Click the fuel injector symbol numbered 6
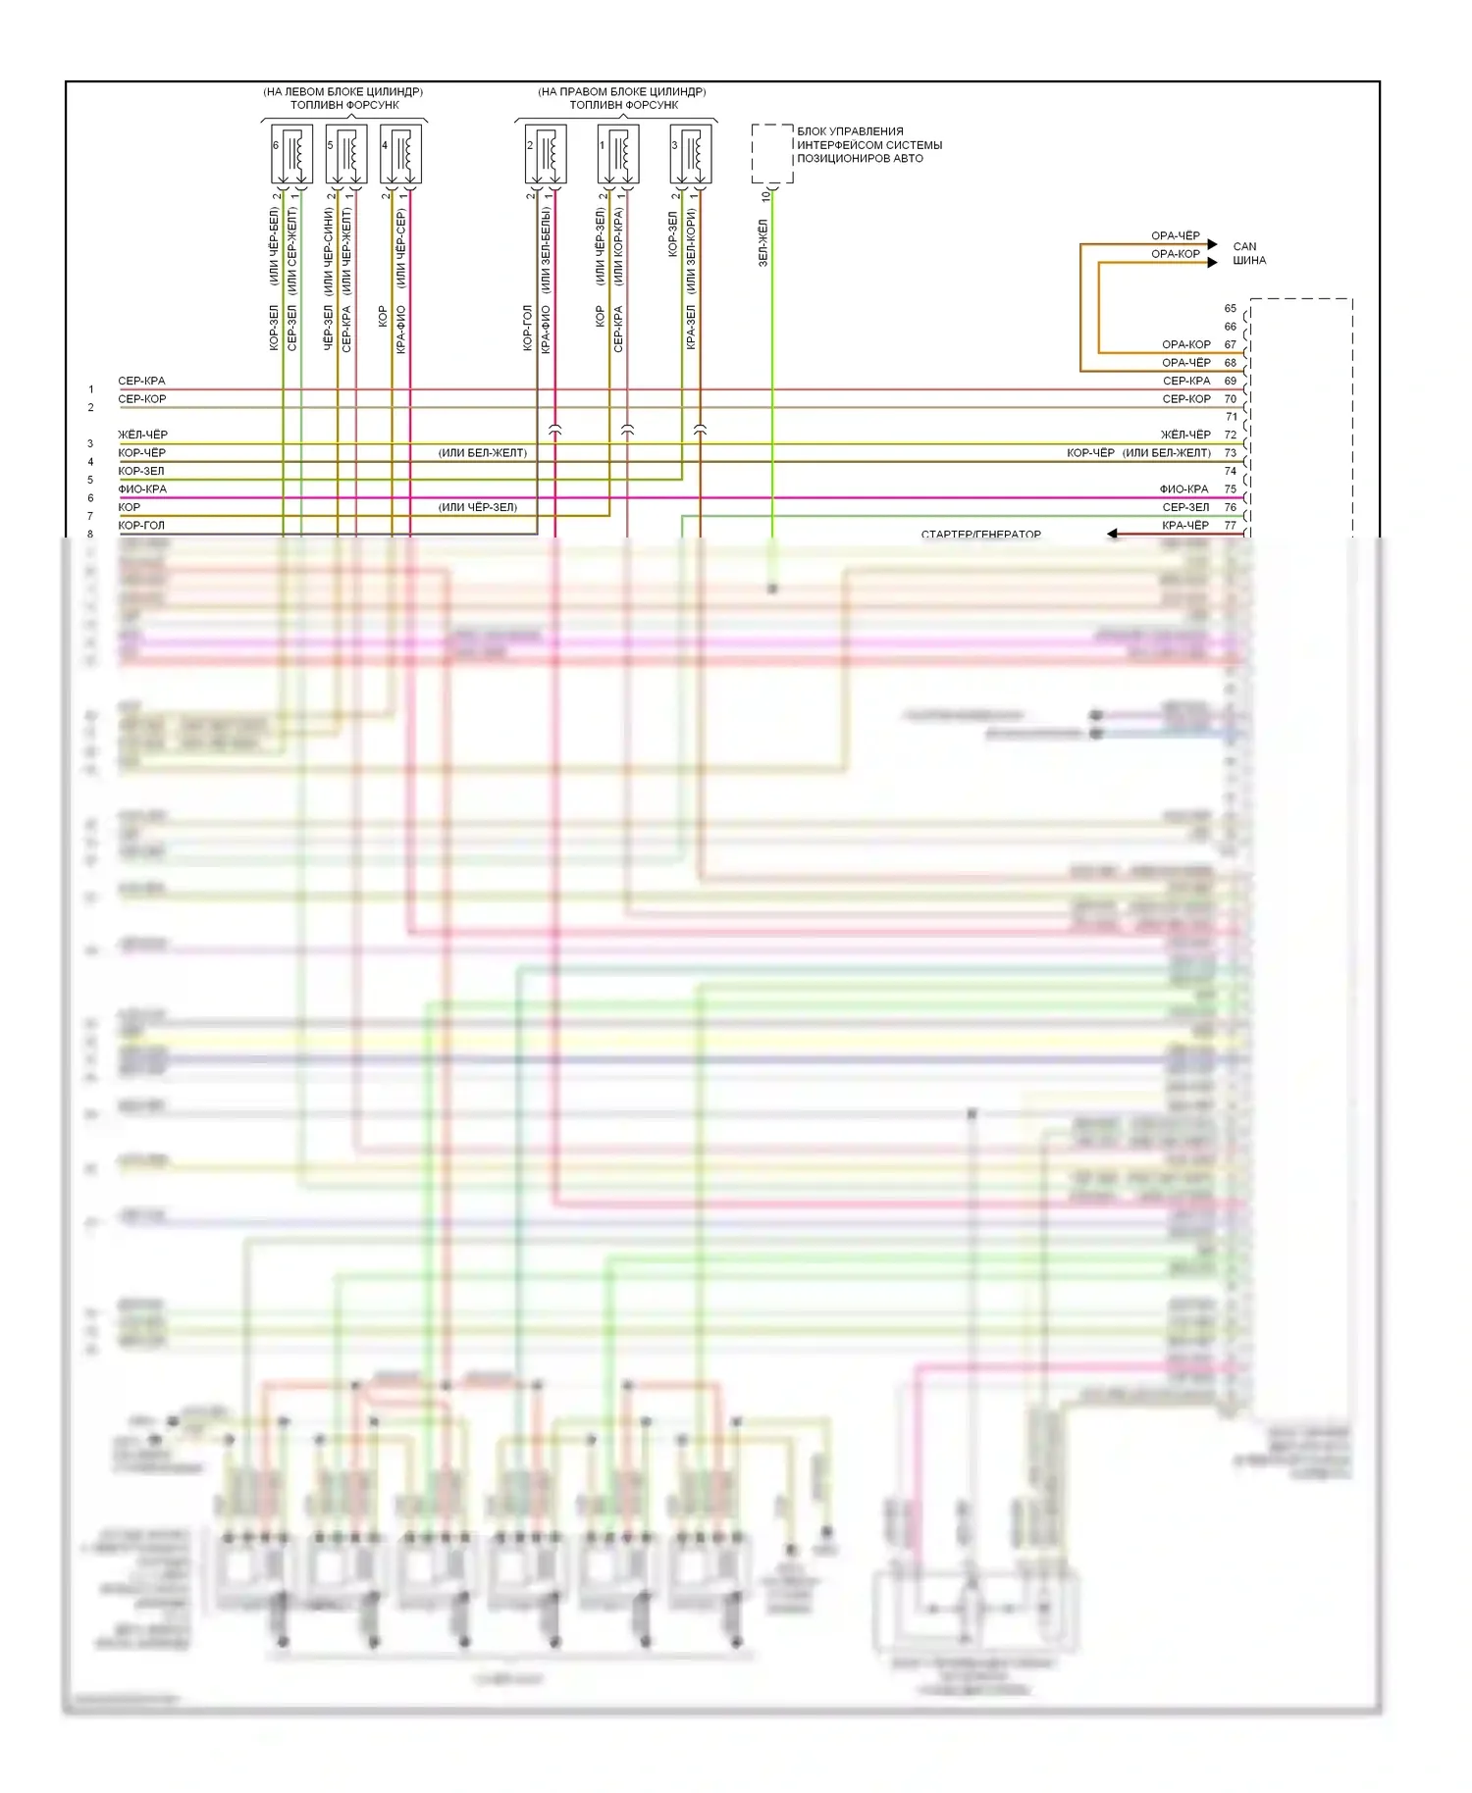[x=291, y=154]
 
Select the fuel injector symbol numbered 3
[x=690, y=154]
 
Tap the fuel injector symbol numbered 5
[x=345, y=154]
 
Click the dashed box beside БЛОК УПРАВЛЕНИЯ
[x=772, y=154]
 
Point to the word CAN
[x=1244, y=247]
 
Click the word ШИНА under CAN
[x=1249, y=261]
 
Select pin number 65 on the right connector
[x=1230, y=309]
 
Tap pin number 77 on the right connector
[x=1230, y=526]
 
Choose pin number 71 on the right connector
[x=1231, y=417]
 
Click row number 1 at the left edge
[x=91, y=390]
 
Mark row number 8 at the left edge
[x=91, y=535]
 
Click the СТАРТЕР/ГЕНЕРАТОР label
[x=980, y=535]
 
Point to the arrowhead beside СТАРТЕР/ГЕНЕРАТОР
[x=1113, y=535]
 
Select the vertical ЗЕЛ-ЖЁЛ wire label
[x=763, y=243]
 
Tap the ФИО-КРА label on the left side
[x=142, y=489]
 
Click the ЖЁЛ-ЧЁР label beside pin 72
[x=1185, y=435]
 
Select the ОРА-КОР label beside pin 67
[x=1185, y=345]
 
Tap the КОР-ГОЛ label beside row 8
[x=141, y=526]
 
